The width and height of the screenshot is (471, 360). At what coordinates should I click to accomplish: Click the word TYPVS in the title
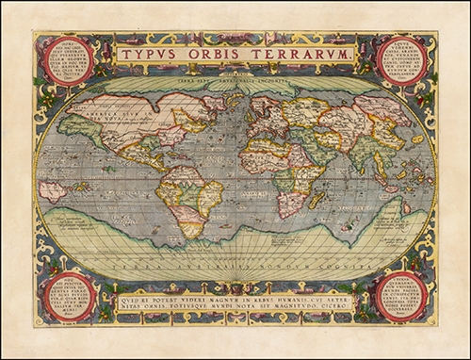151,55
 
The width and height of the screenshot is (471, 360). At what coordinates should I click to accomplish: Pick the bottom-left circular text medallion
69,297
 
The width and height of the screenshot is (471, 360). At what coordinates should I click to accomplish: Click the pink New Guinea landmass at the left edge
53,189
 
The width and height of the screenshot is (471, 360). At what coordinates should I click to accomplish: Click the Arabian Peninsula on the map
312,157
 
